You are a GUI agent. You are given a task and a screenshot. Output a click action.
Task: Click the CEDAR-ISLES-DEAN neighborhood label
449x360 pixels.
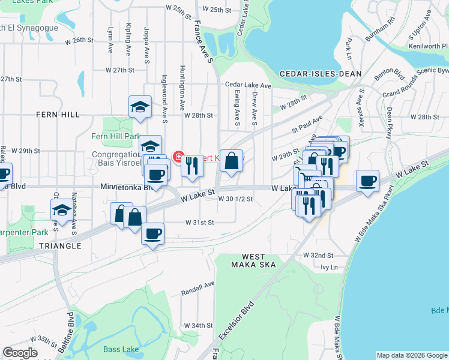(x=321, y=73)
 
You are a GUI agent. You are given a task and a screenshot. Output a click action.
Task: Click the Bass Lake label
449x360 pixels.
(x=120, y=349)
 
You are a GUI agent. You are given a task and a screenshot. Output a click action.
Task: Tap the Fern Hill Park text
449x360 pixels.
(x=115, y=136)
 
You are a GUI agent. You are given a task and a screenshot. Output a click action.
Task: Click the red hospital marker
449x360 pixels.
(x=178, y=157)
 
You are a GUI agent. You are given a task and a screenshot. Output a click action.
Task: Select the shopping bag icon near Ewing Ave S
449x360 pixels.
(x=231, y=161)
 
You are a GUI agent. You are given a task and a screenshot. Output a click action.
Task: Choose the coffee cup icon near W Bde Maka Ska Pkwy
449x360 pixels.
(x=367, y=180)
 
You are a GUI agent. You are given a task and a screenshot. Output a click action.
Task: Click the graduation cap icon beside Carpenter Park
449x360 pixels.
(x=61, y=211)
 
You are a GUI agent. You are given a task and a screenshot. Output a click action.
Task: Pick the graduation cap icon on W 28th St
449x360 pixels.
(x=140, y=106)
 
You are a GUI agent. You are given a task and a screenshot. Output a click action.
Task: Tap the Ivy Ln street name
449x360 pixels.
(x=330, y=267)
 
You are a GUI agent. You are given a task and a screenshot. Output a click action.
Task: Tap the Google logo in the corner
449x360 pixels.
(x=20, y=353)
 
